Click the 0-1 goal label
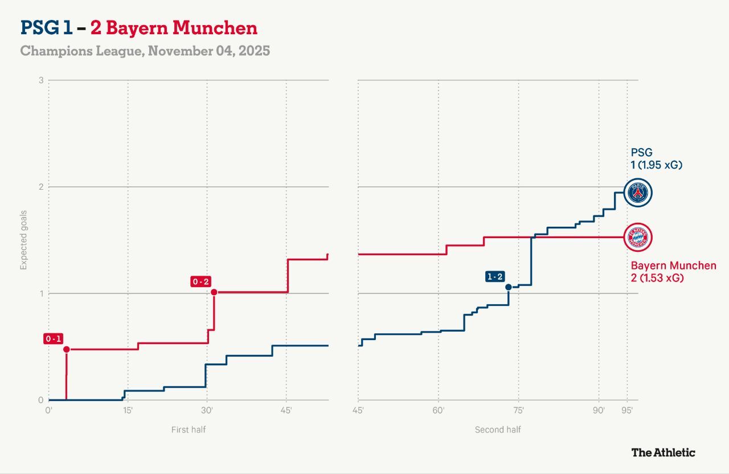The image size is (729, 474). pos(53,339)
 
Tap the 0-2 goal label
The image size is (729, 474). pos(201,281)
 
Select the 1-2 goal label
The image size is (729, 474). pos(494,277)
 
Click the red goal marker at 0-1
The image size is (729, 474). pos(67,349)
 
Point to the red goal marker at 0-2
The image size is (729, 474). pos(214,292)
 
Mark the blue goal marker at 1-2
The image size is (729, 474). pos(508,287)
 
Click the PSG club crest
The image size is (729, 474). pos(638,193)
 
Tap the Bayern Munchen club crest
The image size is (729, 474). pos(638,237)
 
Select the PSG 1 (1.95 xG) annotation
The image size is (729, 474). pos(656,158)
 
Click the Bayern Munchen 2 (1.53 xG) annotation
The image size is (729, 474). pos(673,272)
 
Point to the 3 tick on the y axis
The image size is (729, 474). pos(41,80)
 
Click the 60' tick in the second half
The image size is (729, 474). pos(438,410)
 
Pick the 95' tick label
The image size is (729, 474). pos(627,410)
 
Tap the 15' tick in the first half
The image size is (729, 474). pos(127,410)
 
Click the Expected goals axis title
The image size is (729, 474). pos(24,239)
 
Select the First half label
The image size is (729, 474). pos(189,430)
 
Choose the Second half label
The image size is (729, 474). pos(498,430)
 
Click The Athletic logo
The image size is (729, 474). pos(663,452)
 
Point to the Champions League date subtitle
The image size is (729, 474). pos(145,51)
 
